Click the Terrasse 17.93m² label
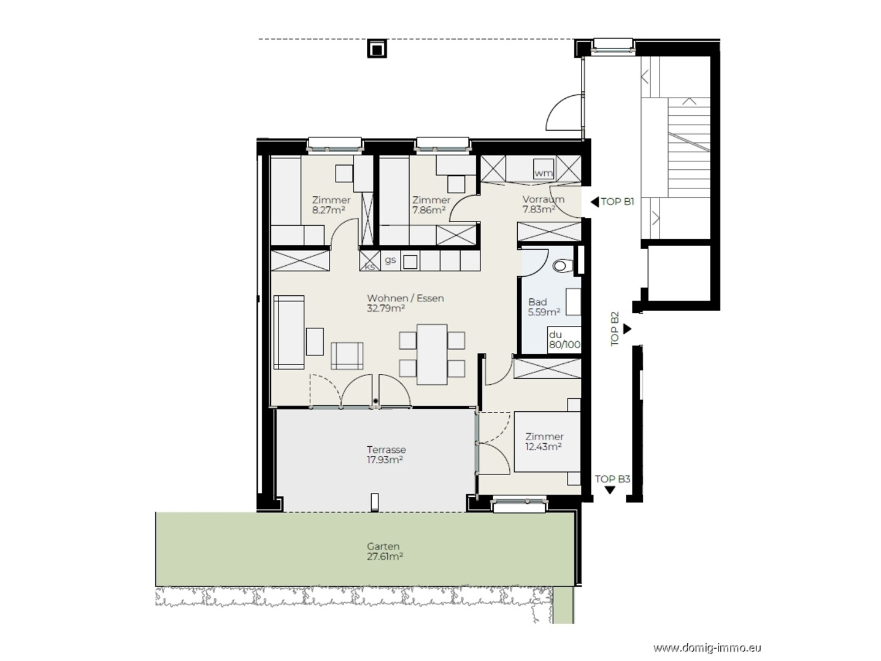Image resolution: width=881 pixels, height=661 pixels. [386, 455]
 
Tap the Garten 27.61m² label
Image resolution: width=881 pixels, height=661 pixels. [385, 551]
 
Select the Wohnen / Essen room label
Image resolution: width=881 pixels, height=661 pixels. [406, 303]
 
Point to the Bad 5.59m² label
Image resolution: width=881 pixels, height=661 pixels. [544, 307]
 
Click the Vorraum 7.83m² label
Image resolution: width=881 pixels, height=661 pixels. [543, 204]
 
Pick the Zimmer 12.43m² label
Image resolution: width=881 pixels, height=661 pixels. [544, 441]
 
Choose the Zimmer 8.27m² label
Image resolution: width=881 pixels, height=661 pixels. [331, 204]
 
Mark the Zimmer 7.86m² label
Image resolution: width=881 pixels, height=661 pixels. [431, 204]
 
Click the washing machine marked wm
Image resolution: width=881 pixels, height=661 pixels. [544, 169]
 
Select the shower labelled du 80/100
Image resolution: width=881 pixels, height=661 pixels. [564, 339]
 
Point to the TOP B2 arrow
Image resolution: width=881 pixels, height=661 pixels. [627, 329]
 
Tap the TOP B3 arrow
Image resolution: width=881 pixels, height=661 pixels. [610, 490]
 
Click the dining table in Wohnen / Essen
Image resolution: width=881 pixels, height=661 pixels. [432, 354]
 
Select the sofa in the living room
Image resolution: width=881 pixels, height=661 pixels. [289, 332]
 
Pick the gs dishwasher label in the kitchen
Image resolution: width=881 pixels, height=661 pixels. [390, 260]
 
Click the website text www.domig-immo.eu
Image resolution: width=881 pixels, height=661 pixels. [707, 647]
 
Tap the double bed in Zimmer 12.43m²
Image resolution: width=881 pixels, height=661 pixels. [547, 442]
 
